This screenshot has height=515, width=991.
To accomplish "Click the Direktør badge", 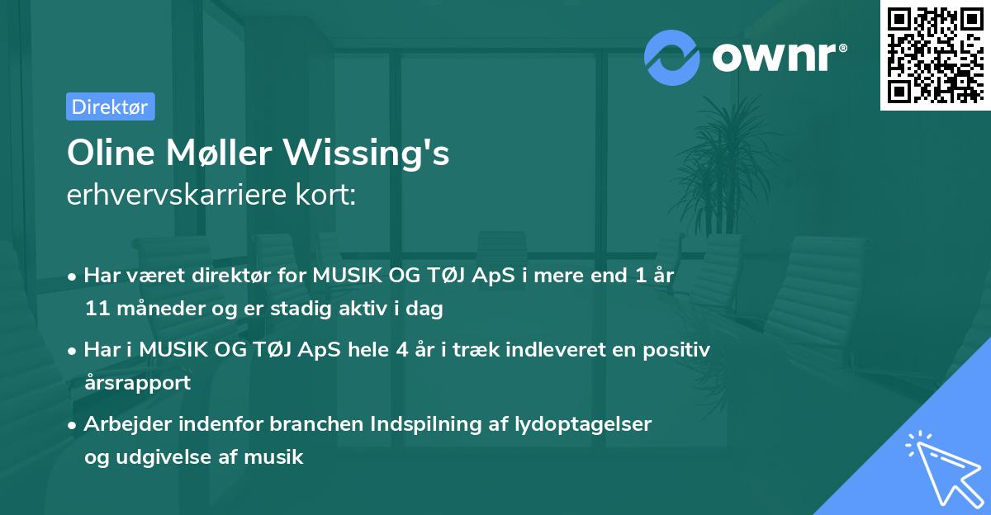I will [x=110, y=106].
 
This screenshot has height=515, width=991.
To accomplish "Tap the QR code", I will [x=935, y=54].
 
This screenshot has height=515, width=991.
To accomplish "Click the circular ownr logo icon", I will [x=671, y=58].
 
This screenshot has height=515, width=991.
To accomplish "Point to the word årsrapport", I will [x=137, y=382].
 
